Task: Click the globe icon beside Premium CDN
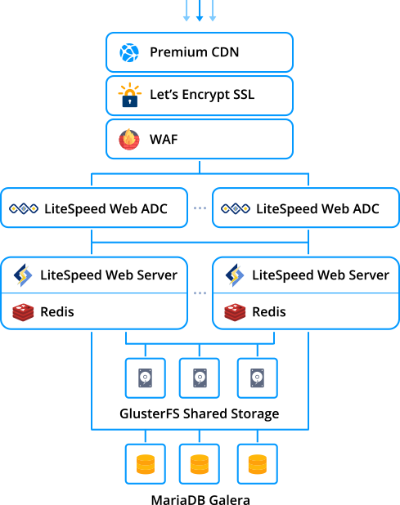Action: [x=129, y=53]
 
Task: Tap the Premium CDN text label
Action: [x=195, y=53]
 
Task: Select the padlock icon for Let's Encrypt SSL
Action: [x=129, y=96]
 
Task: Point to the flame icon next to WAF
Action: [x=129, y=139]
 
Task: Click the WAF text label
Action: [x=164, y=139]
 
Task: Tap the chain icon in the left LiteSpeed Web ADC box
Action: [x=24, y=208]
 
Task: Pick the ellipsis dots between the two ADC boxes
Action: [x=200, y=209]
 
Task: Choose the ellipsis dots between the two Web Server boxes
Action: [x=200, y=293]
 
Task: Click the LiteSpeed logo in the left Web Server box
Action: [x=23, y=275]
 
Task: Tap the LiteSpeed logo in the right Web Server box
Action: [x=236, y=275]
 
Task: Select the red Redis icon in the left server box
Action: [x=23, y=312]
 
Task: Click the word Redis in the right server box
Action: [x=268, y=312]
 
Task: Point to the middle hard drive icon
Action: [x=200, y=378]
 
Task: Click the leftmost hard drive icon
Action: [x=146, y=378]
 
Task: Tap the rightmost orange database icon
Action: [x=257, y=464]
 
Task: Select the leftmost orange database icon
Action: [x=146, y=464]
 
